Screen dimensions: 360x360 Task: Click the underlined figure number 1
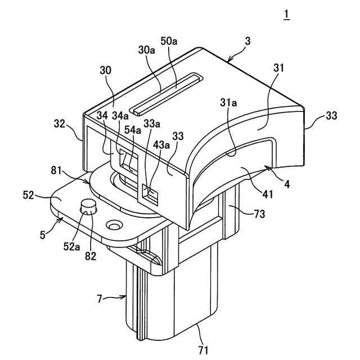coord(287,15)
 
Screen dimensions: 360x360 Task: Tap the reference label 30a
coord(147,49)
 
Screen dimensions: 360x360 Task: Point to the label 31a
coord(228,103)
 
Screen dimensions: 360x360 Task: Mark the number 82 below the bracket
coord(91,256)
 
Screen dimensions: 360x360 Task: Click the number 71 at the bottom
coord(203,350)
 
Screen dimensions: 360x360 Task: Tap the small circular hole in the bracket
coord(115,226)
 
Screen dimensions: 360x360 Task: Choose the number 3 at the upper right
coord(248,42)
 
